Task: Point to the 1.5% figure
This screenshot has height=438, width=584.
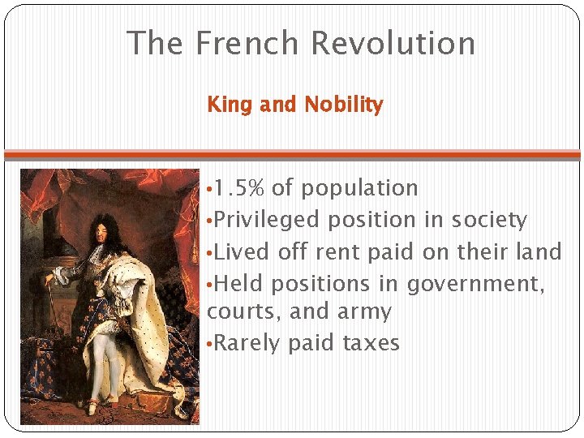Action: (x=239, y=188)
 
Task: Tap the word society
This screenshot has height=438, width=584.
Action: (x=489, y=220)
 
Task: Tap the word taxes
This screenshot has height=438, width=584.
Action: (x=371, y=343)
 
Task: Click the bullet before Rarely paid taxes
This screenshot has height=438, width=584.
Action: (x=210, y=343)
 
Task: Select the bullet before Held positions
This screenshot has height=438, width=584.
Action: (x=210, y=284)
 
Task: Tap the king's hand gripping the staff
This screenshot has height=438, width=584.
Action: (x=50, y=278)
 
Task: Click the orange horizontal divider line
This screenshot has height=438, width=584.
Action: (x=292, y=153)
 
